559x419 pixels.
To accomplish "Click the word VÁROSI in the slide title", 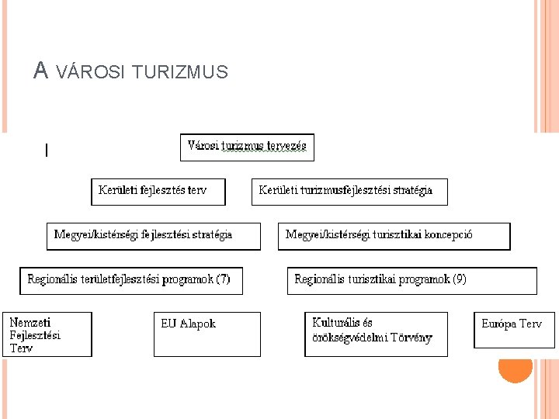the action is pyautogui.click(x=91, y=73).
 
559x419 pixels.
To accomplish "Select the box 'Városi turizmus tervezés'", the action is pyautogui.click(x=247, y=146).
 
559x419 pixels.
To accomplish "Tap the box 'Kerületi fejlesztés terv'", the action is pyautogui.click(x=158, y=191).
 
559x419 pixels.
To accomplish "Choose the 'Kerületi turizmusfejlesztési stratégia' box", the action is pyautogui.click(x=349, y=191).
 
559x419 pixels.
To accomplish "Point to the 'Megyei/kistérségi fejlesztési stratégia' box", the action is pyautogui.click(x=154, y=235).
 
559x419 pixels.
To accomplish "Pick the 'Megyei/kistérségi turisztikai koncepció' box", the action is pyautogui.click(x=394, y=235).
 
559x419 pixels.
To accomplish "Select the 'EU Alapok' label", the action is pyautogui.click(x=188, y=324).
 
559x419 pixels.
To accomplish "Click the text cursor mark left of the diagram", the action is pyautogui.click(x=47, y=151).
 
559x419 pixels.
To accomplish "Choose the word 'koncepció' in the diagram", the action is pyautogui.click(x=447, y=234).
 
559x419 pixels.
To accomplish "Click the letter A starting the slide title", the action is pyautogui.click(x=41, y=72).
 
